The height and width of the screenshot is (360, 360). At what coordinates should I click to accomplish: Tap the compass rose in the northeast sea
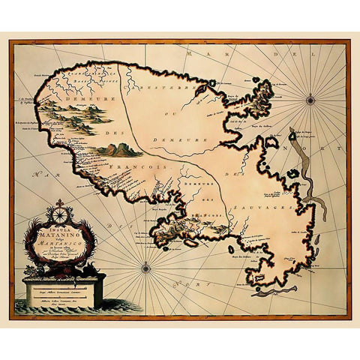[x=310, y=97]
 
